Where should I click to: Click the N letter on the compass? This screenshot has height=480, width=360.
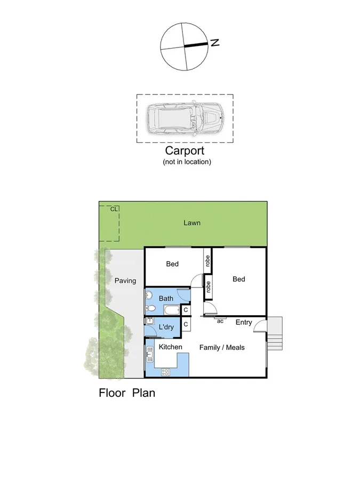215,43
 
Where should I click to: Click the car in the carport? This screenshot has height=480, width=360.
185,118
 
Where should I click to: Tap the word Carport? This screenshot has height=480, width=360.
186,151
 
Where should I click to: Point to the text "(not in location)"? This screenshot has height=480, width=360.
187,162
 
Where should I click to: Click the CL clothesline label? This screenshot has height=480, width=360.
114,209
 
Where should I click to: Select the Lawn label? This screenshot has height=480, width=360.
192,223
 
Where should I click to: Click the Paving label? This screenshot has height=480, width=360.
125,281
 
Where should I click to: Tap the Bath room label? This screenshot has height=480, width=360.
166,298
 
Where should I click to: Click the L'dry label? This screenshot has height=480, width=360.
166,327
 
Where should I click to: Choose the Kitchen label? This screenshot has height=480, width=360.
171,347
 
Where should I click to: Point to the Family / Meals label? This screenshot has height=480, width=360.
222,347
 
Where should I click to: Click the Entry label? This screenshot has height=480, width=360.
244,322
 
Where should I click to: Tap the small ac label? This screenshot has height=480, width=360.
219,321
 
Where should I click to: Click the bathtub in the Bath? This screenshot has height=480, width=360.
172,310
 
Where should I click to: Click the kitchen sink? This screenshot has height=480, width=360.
150,351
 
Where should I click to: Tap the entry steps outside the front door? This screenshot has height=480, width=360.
274,333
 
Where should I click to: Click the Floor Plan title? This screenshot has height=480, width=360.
127,394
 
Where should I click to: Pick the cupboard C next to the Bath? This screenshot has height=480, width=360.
186,310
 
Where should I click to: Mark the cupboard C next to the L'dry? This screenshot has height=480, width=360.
186,324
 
